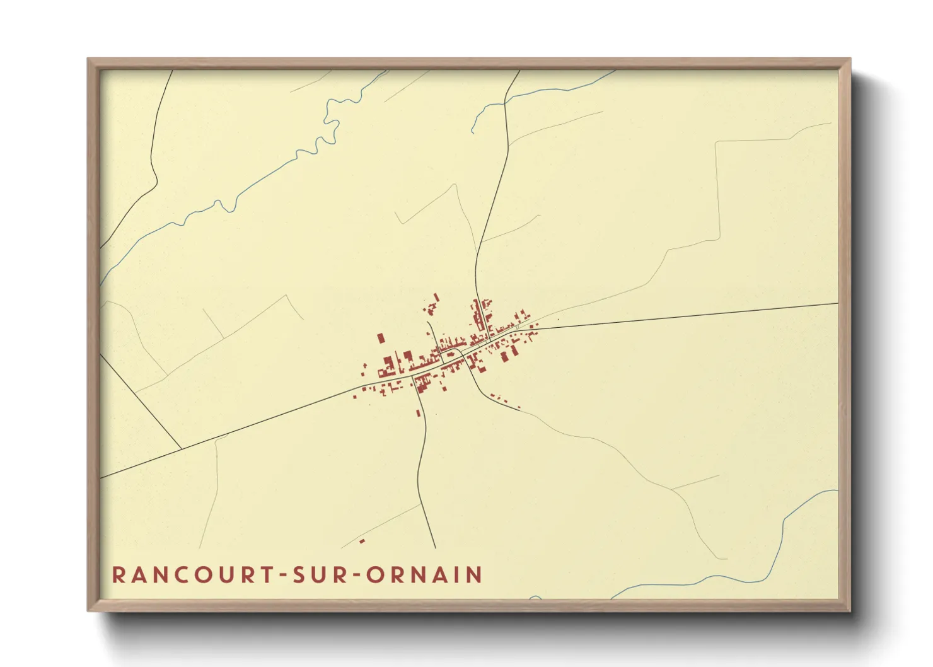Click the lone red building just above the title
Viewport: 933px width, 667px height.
point(362,541)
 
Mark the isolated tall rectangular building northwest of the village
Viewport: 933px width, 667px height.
point(381,339)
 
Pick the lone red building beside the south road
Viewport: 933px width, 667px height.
point(418,413)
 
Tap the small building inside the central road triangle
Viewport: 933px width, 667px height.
point(450,354)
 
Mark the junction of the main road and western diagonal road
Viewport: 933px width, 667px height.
point(182,449)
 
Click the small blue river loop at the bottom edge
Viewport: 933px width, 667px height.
point(535,597)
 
